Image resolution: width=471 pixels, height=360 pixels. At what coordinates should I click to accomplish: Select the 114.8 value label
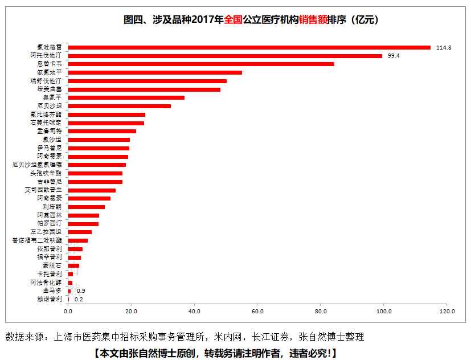pos(443,47)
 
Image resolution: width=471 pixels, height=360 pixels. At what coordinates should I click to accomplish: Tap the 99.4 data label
pos(393,56)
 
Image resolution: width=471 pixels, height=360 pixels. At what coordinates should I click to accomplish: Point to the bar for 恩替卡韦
pos(201,64)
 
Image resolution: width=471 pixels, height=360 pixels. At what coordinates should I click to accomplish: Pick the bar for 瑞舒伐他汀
pos(148,81)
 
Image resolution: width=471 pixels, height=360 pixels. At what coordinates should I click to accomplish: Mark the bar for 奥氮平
pos(126,97)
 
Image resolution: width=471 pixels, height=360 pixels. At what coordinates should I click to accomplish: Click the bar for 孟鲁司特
pos(102,131)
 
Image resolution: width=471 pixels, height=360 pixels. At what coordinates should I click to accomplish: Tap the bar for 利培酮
pos(87,207)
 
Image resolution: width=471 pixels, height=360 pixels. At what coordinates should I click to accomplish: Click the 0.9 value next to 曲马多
pos(81,291)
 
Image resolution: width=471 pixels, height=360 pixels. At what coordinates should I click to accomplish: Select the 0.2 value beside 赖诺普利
pos(79,299)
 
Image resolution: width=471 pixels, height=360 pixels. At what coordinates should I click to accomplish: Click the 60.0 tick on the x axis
pos(257,312)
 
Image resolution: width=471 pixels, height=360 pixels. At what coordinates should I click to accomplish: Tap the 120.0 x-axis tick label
pos(447,312)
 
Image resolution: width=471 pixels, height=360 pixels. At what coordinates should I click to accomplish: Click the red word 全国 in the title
pos(234,20)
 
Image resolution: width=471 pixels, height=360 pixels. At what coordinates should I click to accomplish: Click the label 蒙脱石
pos(54,265)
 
